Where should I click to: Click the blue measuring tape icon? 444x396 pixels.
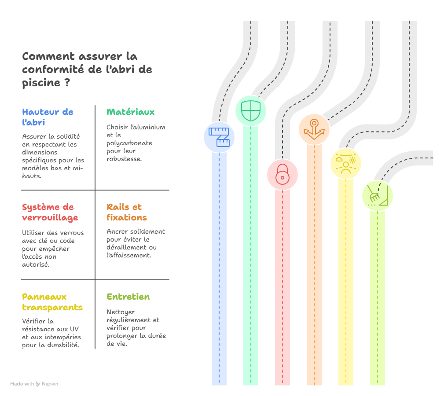[x=219, y=137]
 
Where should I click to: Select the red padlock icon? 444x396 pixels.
[x=283, y=175]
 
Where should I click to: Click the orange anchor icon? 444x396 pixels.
[x=314, y=129]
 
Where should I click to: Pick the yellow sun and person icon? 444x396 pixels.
[x=346, y=163]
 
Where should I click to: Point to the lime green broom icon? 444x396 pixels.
[x=377, y=196]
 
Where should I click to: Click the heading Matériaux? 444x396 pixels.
[x=131, y=112]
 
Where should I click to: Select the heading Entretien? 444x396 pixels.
[x=128, y=297]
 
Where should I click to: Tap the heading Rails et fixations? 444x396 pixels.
[x=127, y=212]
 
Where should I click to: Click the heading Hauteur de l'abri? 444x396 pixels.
[x=48, y=117]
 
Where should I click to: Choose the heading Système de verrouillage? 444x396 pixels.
[x=50, y=212]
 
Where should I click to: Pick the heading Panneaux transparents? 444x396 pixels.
[x=52, y=302]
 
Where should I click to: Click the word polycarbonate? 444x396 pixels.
[x=129, y=143]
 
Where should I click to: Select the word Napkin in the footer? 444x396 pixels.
[x=50, y=384]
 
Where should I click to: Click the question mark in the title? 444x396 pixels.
[x=67, y=82]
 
